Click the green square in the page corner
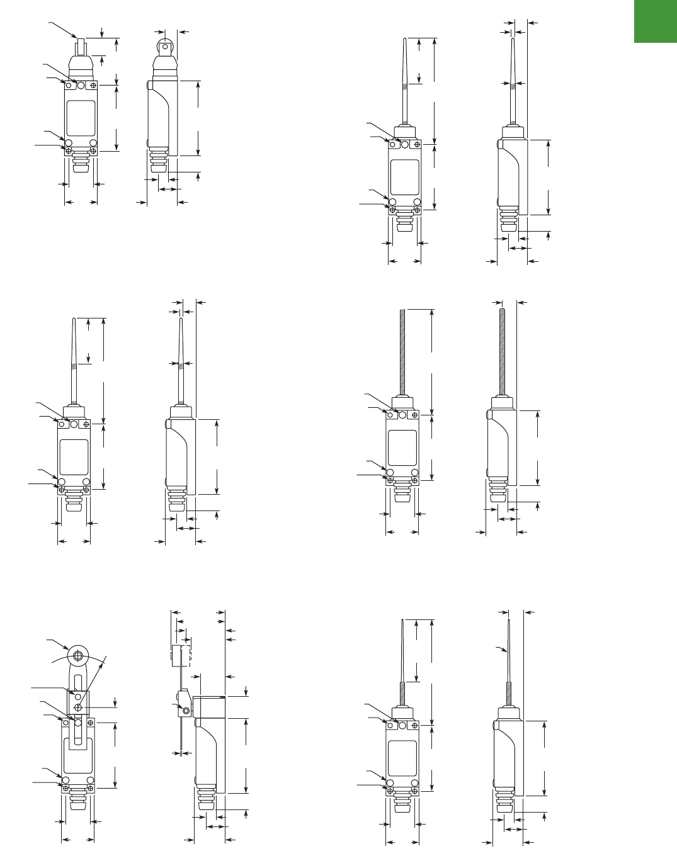[655, 21]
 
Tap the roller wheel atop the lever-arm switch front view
[78, 656]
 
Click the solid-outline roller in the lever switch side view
[176, 655]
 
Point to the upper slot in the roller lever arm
[78, 684]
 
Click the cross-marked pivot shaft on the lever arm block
[78, 708]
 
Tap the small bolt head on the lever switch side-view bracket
[185, 711]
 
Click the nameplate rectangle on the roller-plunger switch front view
[81, 118]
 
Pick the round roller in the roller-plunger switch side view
[165, 45]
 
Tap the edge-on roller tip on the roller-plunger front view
[81, 47]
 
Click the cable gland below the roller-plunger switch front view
[81, 162]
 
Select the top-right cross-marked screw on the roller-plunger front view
[93, 85]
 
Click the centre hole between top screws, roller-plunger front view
[81, 84]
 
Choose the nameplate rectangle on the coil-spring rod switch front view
[402, 448]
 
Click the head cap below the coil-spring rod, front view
[402, 403]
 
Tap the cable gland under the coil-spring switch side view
[498, 493]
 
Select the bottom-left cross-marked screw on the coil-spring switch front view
[390, 480]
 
